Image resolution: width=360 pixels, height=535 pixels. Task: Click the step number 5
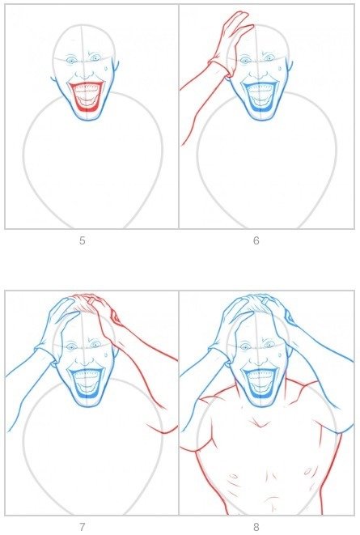pyautogui.click(x=83, y=241)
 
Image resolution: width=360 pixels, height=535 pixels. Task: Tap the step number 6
pyautogui.click(x=256, y=241)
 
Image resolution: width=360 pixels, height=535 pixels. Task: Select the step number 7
pyautogui.click(x=83, y=527)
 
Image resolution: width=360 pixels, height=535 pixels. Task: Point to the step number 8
pyautogui.click(x=256, y=527)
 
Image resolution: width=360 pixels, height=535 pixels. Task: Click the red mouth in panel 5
pyautogui.click(x=87, y=97)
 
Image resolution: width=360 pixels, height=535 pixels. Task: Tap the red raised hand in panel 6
pyautogui.click(x=233, y=43)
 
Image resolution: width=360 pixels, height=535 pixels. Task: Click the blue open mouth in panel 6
pyautogui.click(x=260, y=97)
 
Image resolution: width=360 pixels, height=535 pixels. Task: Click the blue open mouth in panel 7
pyautogui.click(x=87, y=384)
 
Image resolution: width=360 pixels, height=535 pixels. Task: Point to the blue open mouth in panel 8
pyautogui.click(x=260, y=384)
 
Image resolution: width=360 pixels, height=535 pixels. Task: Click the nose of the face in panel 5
pyautogui.click(x=85, y=74)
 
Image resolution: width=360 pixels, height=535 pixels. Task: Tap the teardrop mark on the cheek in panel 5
pyautogui.click(x=106, y=68)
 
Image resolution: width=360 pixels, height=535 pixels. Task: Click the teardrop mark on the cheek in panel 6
pyautogui.click(x=280, y=68)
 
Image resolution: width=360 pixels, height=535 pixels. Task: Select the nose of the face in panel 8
pyautogui.click(x=259, y=361)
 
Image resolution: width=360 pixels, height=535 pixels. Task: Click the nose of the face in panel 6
pyautogui.click(x=259, y=74)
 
